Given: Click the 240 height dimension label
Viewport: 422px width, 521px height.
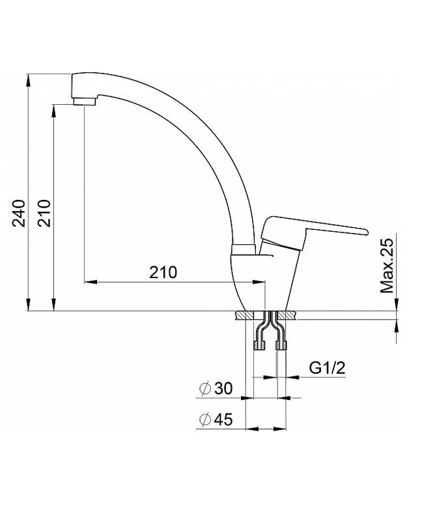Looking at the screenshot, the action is pos(19,213).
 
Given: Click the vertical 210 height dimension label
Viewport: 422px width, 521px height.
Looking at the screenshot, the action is pos(44,213).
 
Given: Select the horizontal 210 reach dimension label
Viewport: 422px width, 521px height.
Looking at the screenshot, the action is pos(163,272).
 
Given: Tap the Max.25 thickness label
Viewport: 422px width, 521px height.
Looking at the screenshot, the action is pos(387,263).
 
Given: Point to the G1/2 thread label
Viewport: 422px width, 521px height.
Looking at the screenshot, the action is pos(328,368).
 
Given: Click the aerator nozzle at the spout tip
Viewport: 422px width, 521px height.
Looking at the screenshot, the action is pos(85,102).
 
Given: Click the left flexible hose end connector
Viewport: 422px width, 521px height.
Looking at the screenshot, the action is pos(260,346).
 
